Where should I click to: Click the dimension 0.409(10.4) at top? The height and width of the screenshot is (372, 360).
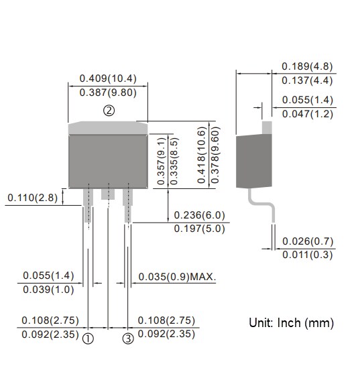[109, 78]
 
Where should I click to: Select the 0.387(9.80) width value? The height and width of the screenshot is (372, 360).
[109, 92]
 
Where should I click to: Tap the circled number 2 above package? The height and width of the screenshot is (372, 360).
[109, 111]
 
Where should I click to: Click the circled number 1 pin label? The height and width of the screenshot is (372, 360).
[88, 338]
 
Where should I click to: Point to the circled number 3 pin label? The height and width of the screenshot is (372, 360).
[128, 338]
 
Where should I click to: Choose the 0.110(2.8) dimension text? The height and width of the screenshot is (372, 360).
[33, 198]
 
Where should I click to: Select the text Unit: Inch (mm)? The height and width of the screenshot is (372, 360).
[291, 323]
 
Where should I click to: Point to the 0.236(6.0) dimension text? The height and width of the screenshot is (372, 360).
[199, 216]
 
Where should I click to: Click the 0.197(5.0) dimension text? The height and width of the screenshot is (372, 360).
[199, 230]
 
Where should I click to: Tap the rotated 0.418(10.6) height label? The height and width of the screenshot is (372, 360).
[200, 155]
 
